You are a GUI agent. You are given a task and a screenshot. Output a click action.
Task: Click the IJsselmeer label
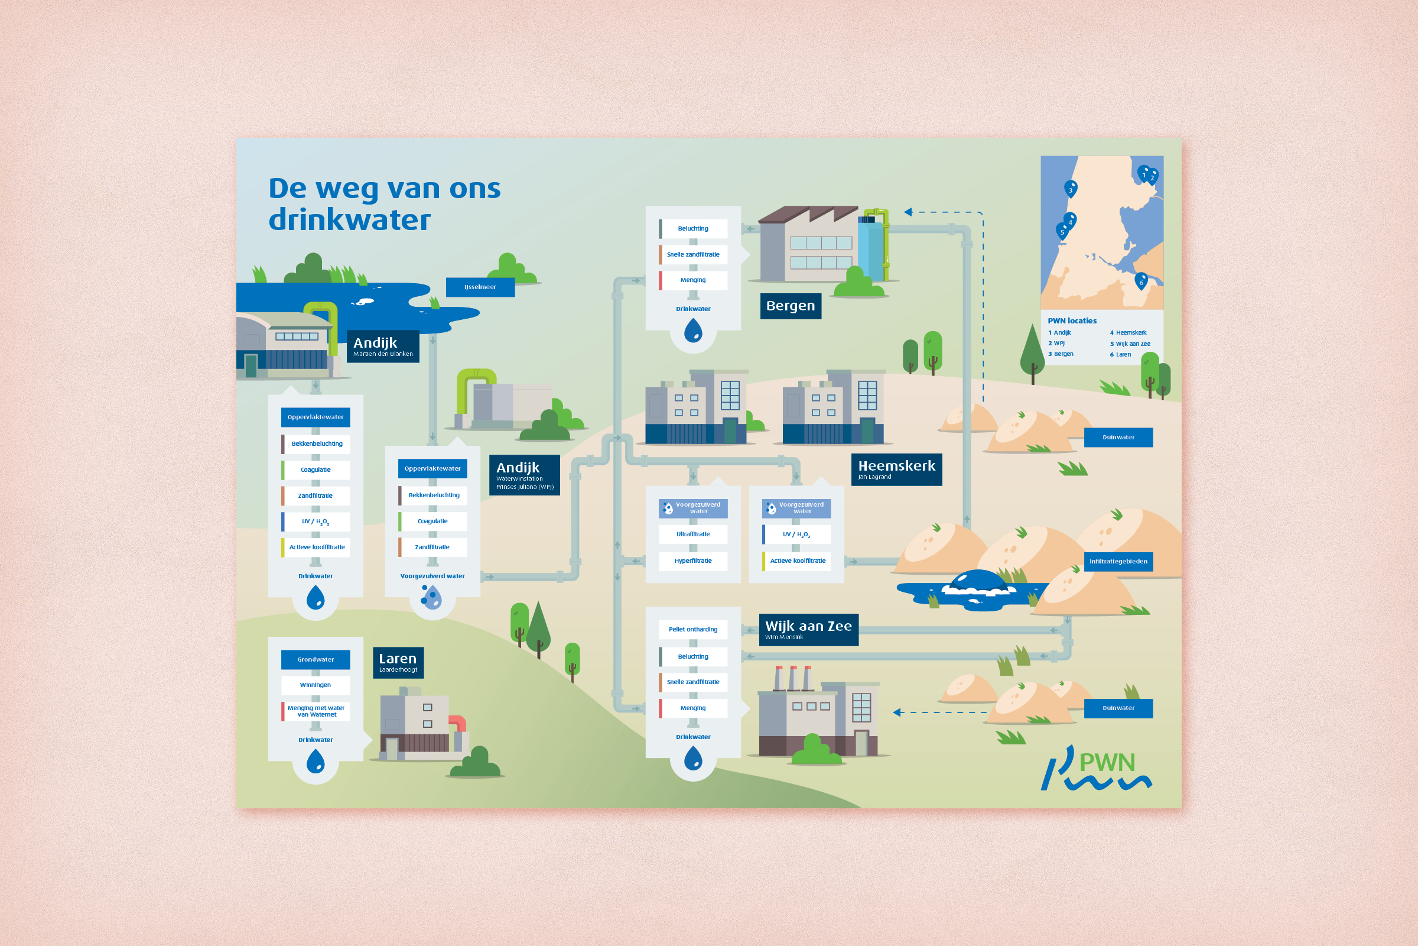[x=480, y=287]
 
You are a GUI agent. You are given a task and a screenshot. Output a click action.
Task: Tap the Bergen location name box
[x=790, y=306]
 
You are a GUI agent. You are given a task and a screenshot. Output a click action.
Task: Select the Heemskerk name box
[x=896, y=469]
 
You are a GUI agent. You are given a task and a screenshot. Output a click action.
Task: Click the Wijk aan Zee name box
[x=808, y=629]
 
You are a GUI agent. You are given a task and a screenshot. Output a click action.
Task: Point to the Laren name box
[x=398, y=662]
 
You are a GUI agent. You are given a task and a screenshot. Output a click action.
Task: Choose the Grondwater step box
[x=316, y=659]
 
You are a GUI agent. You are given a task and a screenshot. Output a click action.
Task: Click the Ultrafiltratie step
[x=692, y=534]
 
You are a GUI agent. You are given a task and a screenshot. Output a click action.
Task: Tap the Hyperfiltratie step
[x=692, y=561]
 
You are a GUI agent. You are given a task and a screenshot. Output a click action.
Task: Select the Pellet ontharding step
[x=692, y=629]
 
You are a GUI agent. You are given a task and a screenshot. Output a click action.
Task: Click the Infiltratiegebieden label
[x=1118, y=561]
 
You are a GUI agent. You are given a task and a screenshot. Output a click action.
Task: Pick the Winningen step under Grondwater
[x=316, y=685]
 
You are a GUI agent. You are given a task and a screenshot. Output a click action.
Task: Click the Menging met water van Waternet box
[x=316, y=711]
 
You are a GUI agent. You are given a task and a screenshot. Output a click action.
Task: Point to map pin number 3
[x=1070, y=189]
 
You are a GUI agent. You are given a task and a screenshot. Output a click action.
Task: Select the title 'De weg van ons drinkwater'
[x=384, y=204]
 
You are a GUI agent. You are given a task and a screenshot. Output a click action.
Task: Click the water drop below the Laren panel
[x=316, y=762]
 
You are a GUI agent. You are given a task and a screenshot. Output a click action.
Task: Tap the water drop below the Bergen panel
[x=692, y=331]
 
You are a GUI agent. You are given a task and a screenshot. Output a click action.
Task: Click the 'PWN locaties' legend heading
[x=1072, y=321]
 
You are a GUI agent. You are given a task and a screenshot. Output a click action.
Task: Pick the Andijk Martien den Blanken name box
[x=383, y=346]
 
